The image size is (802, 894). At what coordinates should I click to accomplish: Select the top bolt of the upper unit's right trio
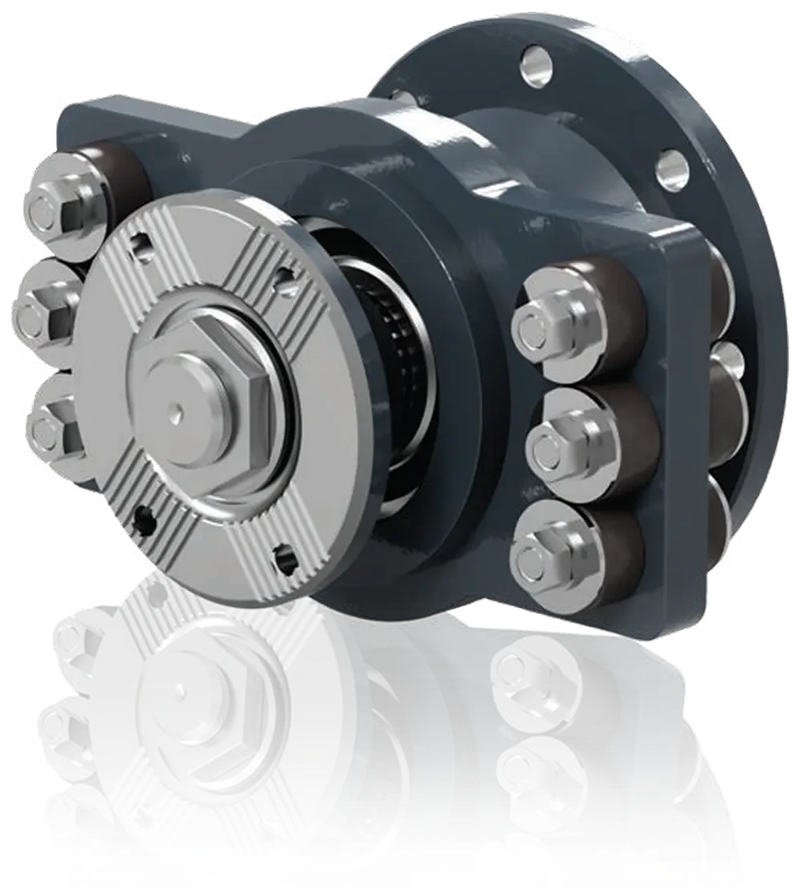pos(545,318)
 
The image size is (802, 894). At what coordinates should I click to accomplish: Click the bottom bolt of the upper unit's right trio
pos(545,553)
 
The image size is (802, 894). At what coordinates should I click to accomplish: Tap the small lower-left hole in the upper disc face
pos(143,520)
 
